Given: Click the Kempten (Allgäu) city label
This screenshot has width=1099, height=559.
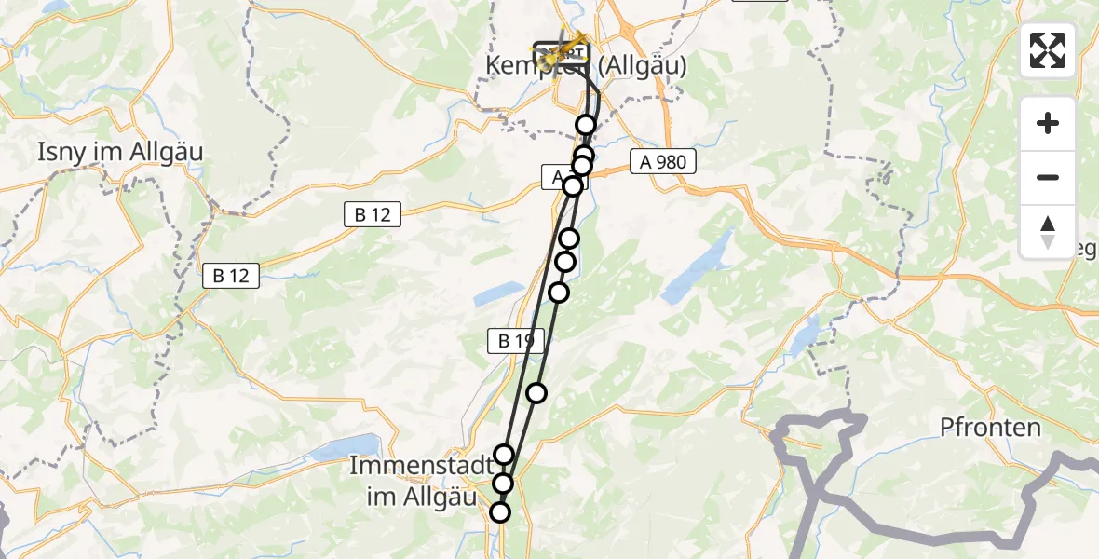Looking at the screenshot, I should pos(587,66).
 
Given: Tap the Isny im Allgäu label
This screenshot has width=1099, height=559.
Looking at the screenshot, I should pos(120,152).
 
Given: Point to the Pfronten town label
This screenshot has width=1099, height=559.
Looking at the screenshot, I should pos(990,428).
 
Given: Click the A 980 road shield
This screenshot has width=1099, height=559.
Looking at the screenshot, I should pos(662,161).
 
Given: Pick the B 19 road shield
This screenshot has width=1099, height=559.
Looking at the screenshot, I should pos(515,342).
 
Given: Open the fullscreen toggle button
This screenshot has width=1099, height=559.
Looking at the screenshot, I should pos(1048,50).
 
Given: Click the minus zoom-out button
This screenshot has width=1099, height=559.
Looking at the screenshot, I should pos(1048,177).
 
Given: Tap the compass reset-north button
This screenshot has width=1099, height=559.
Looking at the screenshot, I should pos(1048,231).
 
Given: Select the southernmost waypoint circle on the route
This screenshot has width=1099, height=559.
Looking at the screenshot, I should pos(500,512).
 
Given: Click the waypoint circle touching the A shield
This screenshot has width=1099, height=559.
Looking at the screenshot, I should pos(573,186).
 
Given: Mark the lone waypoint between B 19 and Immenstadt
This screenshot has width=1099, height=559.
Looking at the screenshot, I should pos(536,393).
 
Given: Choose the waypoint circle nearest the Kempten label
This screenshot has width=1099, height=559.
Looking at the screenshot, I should pos(586,125).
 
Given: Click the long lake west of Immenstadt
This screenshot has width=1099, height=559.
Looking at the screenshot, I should pos(346,451).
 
